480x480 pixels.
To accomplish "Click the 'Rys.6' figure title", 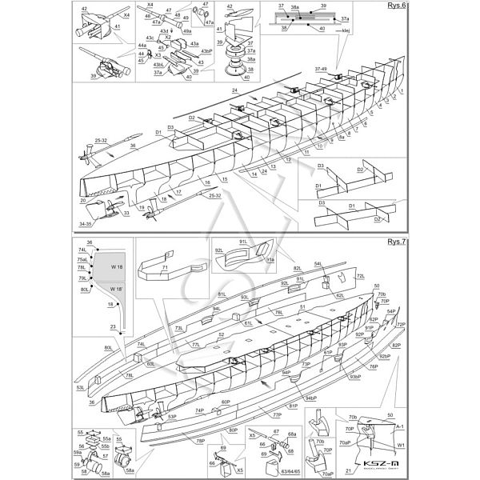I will pos(398,6).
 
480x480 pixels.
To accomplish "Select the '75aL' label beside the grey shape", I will pos(82,259).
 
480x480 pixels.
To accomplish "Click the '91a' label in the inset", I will pos(270,260).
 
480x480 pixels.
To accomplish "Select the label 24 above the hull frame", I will pos(214,92).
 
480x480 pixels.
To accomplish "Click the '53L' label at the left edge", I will pos(80,388).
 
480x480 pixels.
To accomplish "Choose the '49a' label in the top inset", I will pos(186,30).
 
